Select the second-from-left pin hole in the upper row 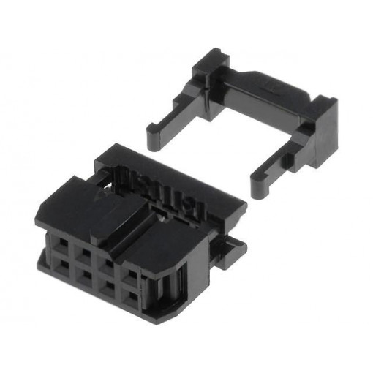point(85,252)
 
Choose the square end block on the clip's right point(323,132)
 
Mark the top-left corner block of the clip point(208,69)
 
